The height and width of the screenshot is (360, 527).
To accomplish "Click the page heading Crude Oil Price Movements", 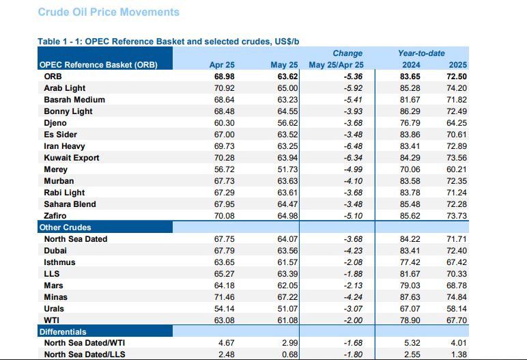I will click(109, 12).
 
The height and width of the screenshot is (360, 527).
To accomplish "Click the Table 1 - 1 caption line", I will click(168, 42).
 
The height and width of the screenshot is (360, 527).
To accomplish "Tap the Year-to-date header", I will click(421, 53).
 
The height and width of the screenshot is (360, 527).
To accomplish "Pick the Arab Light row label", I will click(65, 88).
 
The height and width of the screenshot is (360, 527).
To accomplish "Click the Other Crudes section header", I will click(65, 227).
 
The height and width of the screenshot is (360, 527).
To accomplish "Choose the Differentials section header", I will click(62, 332).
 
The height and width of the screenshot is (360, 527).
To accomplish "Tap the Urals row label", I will click(55, 309).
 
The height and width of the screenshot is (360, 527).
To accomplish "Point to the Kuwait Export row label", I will click(72, 158).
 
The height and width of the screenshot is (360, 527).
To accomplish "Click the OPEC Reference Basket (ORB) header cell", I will click(98, 66).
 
